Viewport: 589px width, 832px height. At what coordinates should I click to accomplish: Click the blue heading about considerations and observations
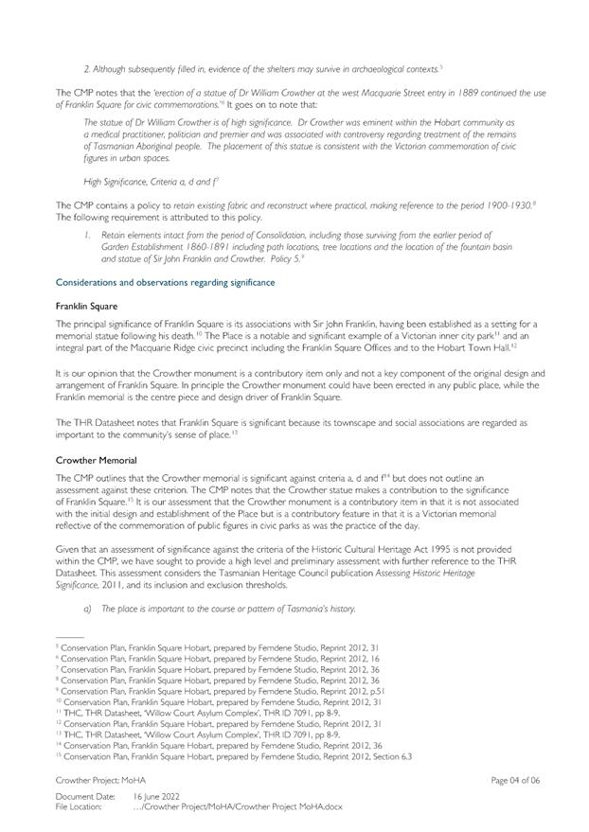point(165,282)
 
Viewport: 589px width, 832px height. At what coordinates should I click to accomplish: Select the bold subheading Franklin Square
point(83,307)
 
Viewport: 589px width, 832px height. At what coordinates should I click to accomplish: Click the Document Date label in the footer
point(85,797)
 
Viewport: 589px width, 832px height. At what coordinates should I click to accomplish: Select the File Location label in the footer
point(80,806)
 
